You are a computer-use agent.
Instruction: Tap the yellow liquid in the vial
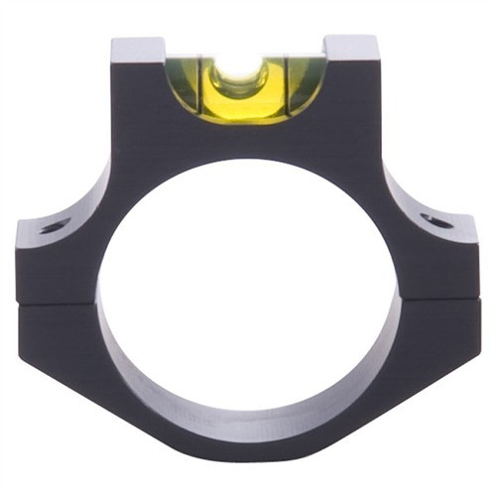point(243,95)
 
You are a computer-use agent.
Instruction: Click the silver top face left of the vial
point(137,46)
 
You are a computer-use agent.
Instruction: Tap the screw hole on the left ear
point(55,226)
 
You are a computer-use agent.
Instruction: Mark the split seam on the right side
point(436,301)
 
